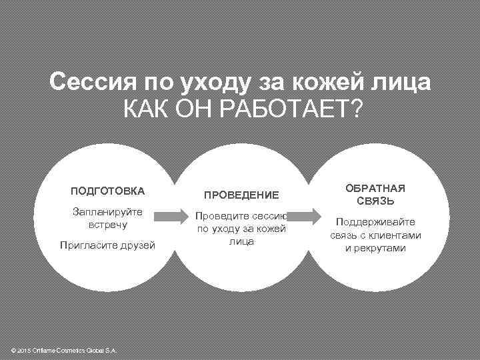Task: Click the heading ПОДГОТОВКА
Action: pos(107,191)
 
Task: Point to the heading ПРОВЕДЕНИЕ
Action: pos(241,195)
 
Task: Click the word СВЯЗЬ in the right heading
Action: pos(375,200)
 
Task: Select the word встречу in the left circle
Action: pos(107,225)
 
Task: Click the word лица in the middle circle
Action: pos(241,241)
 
